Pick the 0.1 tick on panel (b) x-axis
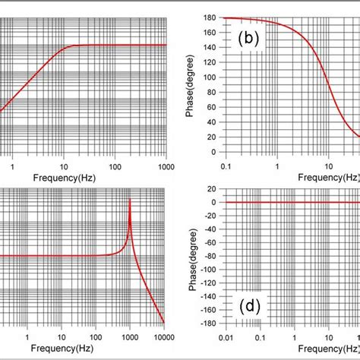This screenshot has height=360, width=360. [x=225, y=166]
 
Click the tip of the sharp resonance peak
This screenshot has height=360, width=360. [x=129, y=198]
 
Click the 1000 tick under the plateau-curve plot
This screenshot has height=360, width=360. [x=165, y=166]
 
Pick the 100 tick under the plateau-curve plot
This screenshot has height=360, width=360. [x=115, y=166]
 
